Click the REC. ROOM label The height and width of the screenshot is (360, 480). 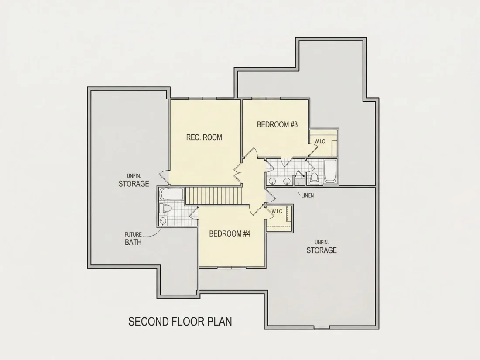204,137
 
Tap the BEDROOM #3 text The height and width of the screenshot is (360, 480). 277,125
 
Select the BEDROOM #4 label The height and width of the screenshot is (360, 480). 230,234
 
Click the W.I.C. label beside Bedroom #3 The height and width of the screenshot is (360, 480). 320,141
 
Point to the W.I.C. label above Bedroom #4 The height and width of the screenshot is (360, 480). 278,212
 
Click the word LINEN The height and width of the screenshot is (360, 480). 307,195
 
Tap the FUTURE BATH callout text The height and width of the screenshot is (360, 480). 133,239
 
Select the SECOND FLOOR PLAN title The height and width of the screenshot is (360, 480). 180,322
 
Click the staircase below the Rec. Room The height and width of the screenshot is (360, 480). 214,195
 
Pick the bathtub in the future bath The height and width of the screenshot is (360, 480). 171,194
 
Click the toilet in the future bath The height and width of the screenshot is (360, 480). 165,209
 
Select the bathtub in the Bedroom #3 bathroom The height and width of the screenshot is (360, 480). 330,171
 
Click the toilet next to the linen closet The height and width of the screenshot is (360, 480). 314,179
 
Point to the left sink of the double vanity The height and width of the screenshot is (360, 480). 272,181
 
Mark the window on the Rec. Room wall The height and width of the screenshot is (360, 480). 202,99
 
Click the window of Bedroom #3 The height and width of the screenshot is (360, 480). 266,99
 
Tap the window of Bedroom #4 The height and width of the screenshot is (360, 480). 231,267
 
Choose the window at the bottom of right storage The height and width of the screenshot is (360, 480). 322,328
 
